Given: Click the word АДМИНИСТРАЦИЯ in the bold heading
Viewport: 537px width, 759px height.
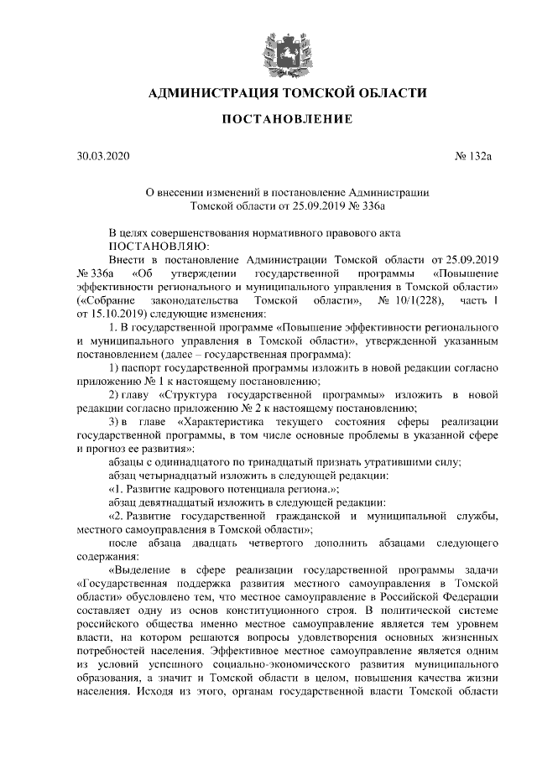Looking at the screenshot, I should (x=211, y=91).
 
